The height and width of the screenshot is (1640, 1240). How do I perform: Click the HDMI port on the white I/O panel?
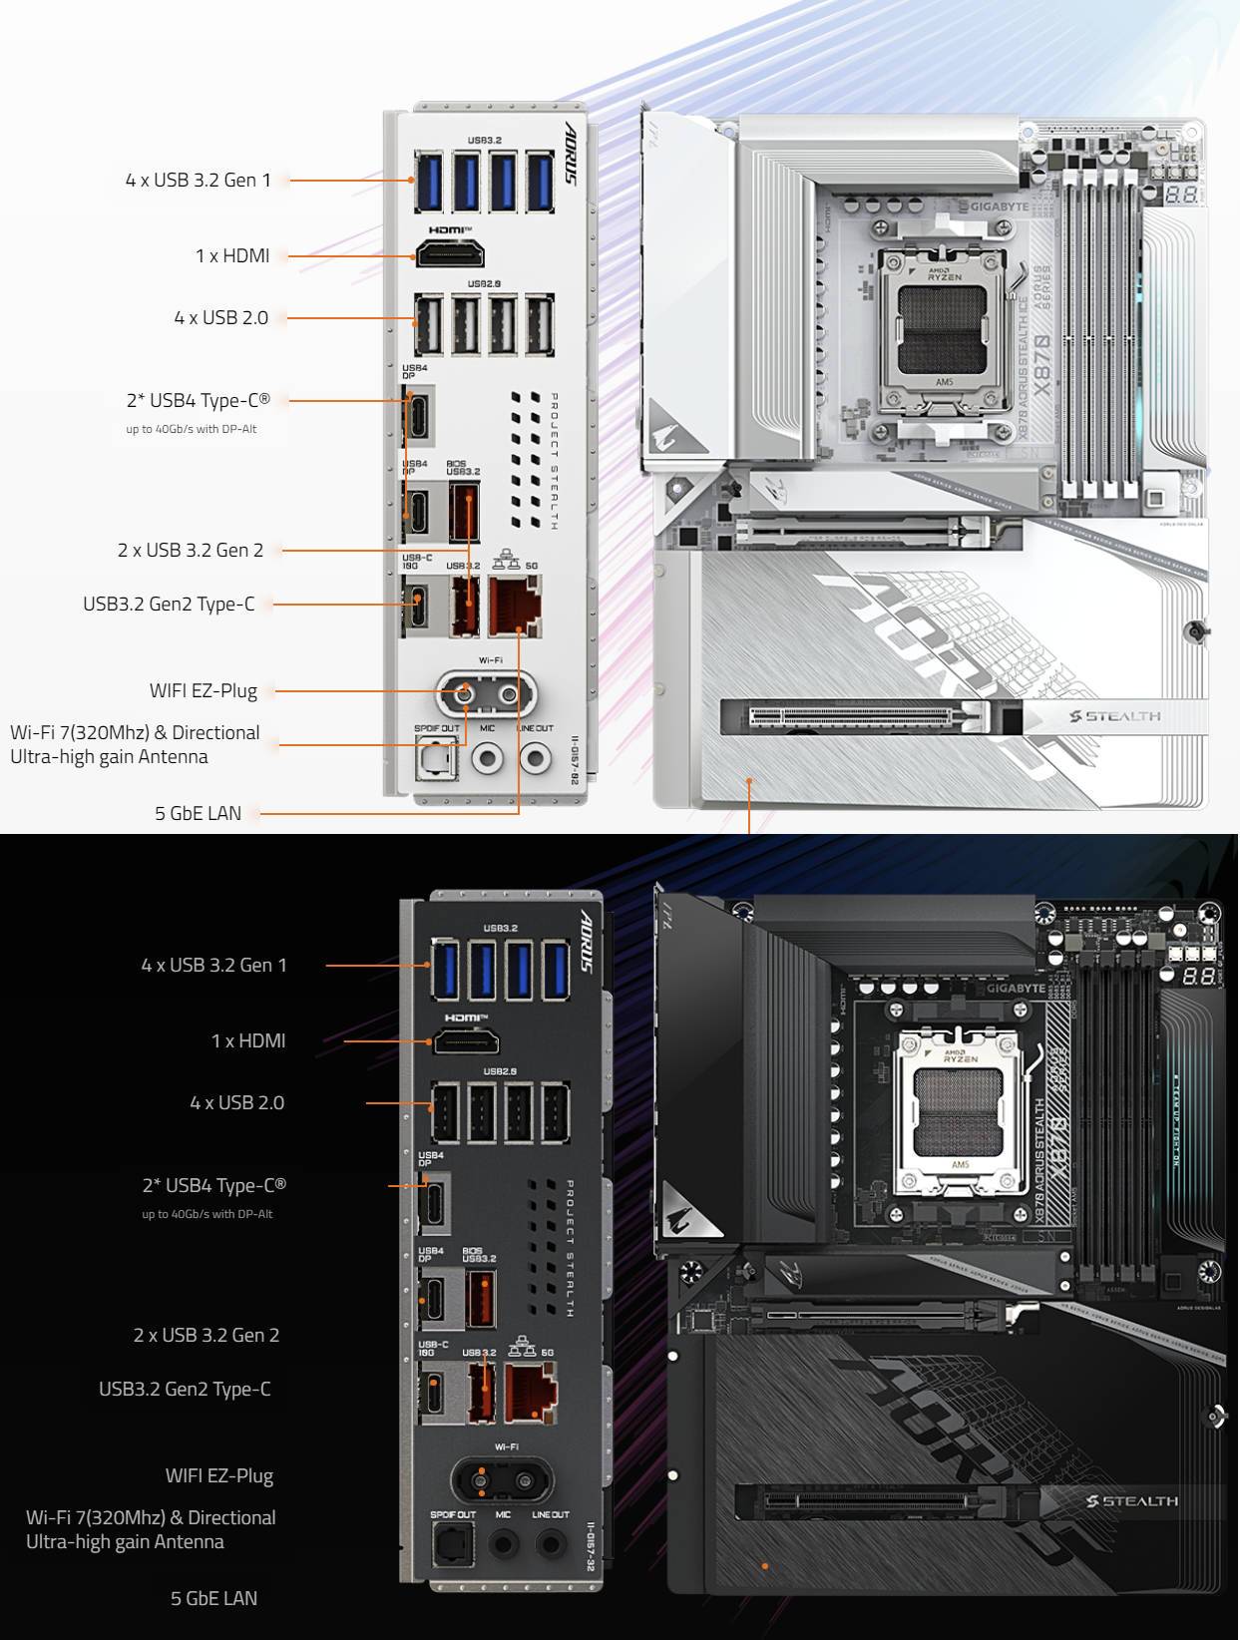coord(449,254)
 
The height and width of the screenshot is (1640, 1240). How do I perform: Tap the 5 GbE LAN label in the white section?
coord(198,813)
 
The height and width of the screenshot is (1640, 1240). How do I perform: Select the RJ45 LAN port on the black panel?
coord(531,1394)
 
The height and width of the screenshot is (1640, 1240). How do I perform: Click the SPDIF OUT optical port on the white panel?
coord(436,760)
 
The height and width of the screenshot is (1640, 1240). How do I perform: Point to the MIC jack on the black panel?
coord(503,1545)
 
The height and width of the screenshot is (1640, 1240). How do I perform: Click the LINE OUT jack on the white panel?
coord(536,758)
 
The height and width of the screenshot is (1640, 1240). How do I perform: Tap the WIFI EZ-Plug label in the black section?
coord(219,1475)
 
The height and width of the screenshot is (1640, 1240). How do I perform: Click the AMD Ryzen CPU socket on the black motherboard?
coord(960,1111)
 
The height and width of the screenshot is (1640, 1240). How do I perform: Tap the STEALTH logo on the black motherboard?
coord(1131,1501)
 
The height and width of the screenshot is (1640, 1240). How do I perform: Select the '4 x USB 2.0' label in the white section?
coord(220,317)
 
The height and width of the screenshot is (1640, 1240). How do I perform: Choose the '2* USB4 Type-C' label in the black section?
coord(214,1185)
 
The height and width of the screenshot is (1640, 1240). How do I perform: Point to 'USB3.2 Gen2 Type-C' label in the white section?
coord(169,604)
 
